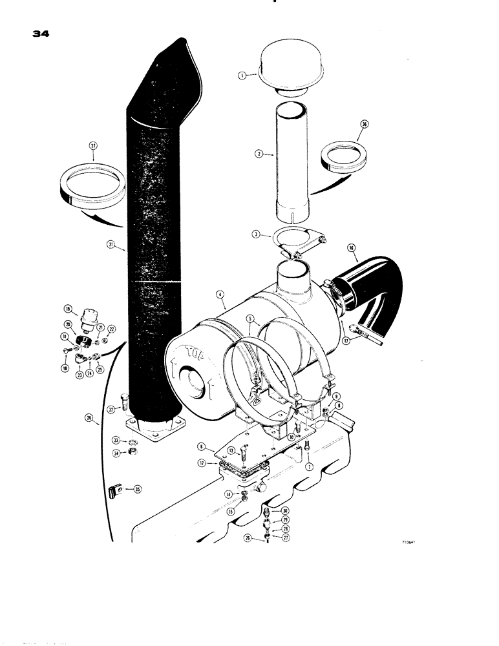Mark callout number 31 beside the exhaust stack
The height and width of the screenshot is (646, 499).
click(x=111, y=244)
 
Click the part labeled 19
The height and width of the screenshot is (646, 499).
click(x=85, y=318)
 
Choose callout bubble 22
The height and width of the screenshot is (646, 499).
click(x=111, y=329)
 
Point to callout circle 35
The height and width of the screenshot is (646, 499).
click(x=136, y=490)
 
